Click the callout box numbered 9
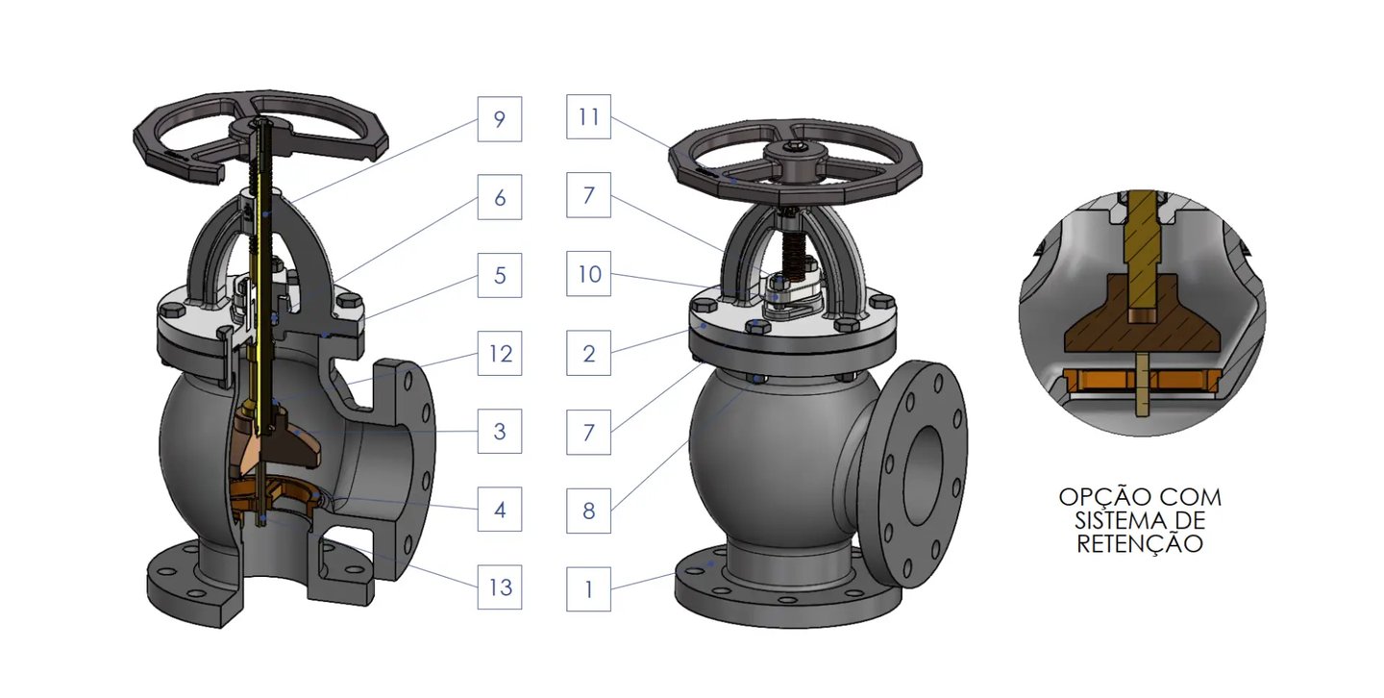tap(499, 119)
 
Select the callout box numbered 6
tap(499, 197)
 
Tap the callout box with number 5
tap(499, 275)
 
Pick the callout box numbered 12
tap(499, 353)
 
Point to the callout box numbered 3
tap(499, 431)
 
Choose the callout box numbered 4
tap(499, 509)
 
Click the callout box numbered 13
tap(499, 586)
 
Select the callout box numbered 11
tap(588, 117)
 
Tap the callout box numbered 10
tap(588, 273)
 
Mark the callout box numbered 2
tap(588, 353)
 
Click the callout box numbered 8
tap(588, 511)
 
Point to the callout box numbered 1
tap(588, 589)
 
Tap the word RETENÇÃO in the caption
tap(1139, 544)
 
